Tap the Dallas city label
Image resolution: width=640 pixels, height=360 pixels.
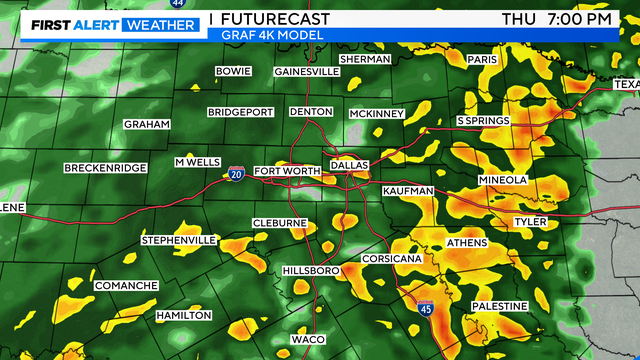pos(349,164)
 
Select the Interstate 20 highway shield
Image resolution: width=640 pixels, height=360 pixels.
pos(234,175)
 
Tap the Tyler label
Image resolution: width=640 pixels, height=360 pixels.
pos(529,221)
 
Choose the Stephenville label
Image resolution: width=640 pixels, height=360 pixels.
pos(179,241)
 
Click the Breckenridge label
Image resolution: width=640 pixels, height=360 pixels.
pos(106,167)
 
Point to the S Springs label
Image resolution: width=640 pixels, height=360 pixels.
pos(483,121)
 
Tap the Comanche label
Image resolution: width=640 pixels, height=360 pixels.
pos(126,286)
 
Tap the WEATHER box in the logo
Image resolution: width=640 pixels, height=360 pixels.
pos(158,24)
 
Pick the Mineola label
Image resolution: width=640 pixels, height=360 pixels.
pos(502,180)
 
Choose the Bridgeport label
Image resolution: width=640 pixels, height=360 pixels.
pos(240,112)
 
